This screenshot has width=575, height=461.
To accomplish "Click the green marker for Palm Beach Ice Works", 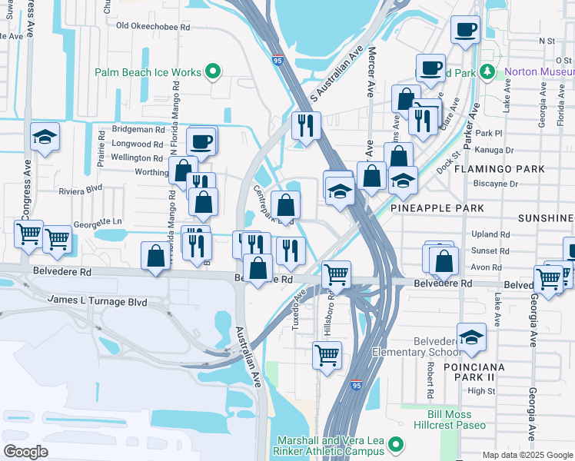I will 214,73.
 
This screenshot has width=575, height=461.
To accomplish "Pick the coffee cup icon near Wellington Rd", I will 201,141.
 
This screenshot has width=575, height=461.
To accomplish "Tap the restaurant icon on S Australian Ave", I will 306,125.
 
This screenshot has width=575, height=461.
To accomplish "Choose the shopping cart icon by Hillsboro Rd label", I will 336,274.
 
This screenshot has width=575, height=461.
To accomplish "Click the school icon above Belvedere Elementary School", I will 471,337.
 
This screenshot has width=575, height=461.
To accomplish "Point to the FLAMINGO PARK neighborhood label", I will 499,168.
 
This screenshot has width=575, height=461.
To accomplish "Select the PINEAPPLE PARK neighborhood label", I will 437,208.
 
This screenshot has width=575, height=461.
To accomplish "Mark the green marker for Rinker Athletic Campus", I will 396,445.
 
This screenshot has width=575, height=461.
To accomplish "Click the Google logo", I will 25,451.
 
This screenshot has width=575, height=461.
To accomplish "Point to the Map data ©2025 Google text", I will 527,455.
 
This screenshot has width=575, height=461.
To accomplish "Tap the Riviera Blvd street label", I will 80,189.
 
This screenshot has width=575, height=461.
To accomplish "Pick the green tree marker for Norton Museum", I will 487,72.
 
